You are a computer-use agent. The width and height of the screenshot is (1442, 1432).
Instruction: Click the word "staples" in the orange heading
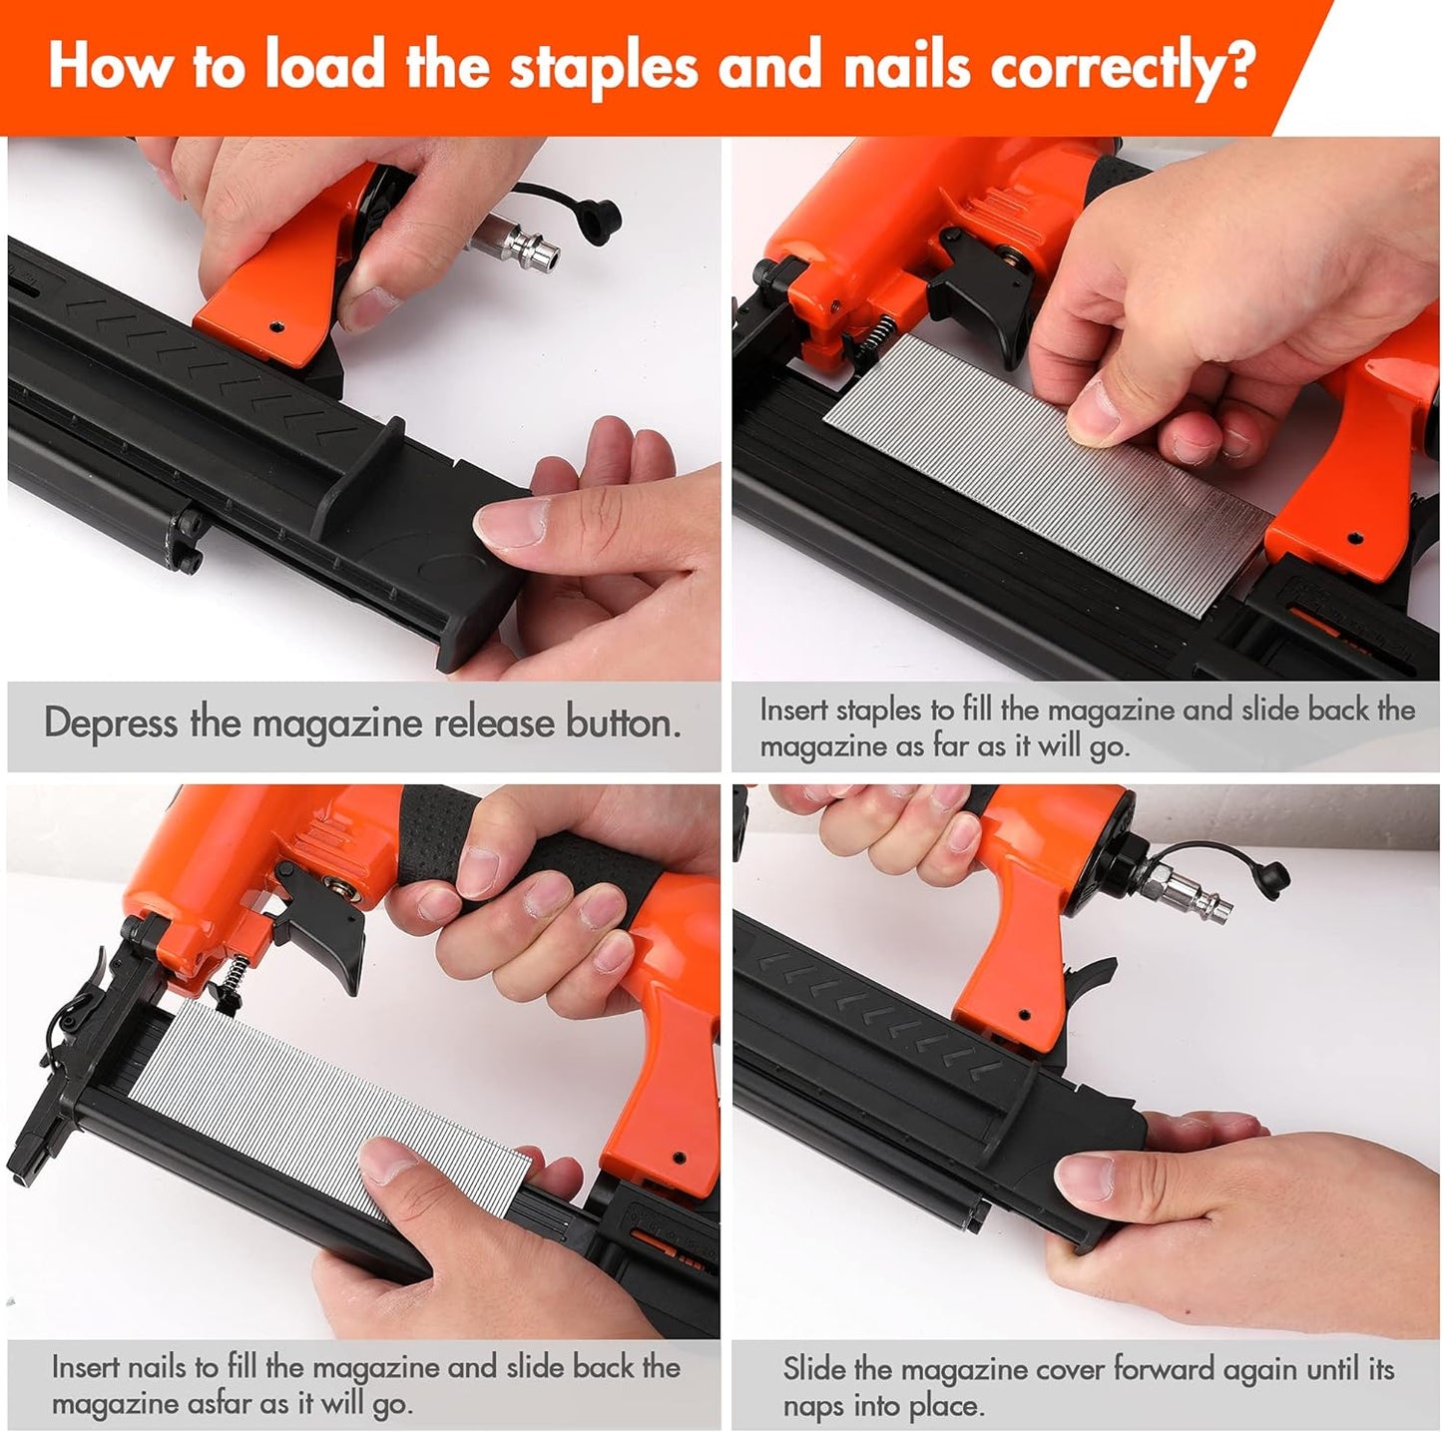602,68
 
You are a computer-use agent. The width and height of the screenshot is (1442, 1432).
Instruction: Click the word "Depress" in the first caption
110,723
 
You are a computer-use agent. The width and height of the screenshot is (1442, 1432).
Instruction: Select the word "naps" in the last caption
812,1405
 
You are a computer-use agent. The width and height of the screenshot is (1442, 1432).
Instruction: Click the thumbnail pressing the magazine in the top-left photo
510,522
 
